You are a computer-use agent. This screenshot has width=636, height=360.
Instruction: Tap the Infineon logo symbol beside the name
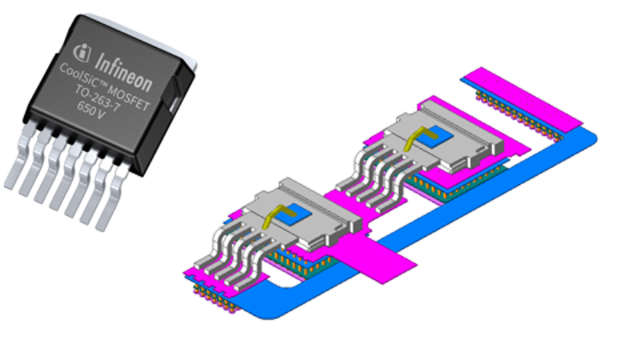(82, 53)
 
